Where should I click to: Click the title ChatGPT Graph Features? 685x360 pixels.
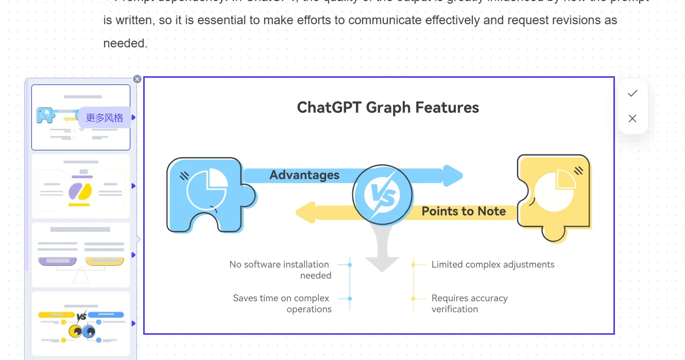coord(388,108)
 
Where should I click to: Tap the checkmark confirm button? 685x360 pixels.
coord(632,93)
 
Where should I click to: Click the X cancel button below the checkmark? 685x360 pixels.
coord(632,118)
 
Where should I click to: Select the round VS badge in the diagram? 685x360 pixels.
coord(383,195)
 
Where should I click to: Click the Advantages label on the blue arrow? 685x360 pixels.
coord(304,175)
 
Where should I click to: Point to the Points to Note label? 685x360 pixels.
coord(464,211)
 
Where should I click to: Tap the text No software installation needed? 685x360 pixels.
coord(280,270)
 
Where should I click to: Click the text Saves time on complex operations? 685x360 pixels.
coord(282,303)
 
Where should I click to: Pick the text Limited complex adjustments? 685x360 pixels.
coord(493,265)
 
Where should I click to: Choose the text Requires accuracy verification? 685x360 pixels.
coord(469,303)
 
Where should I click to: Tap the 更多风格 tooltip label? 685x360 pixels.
coord(105,117)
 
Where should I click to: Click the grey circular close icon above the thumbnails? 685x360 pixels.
coord(137,79)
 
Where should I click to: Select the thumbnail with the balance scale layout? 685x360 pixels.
coord(81,255)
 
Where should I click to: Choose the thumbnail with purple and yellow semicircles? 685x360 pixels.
coord(81,186)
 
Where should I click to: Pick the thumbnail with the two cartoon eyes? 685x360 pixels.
coord(81,323)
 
